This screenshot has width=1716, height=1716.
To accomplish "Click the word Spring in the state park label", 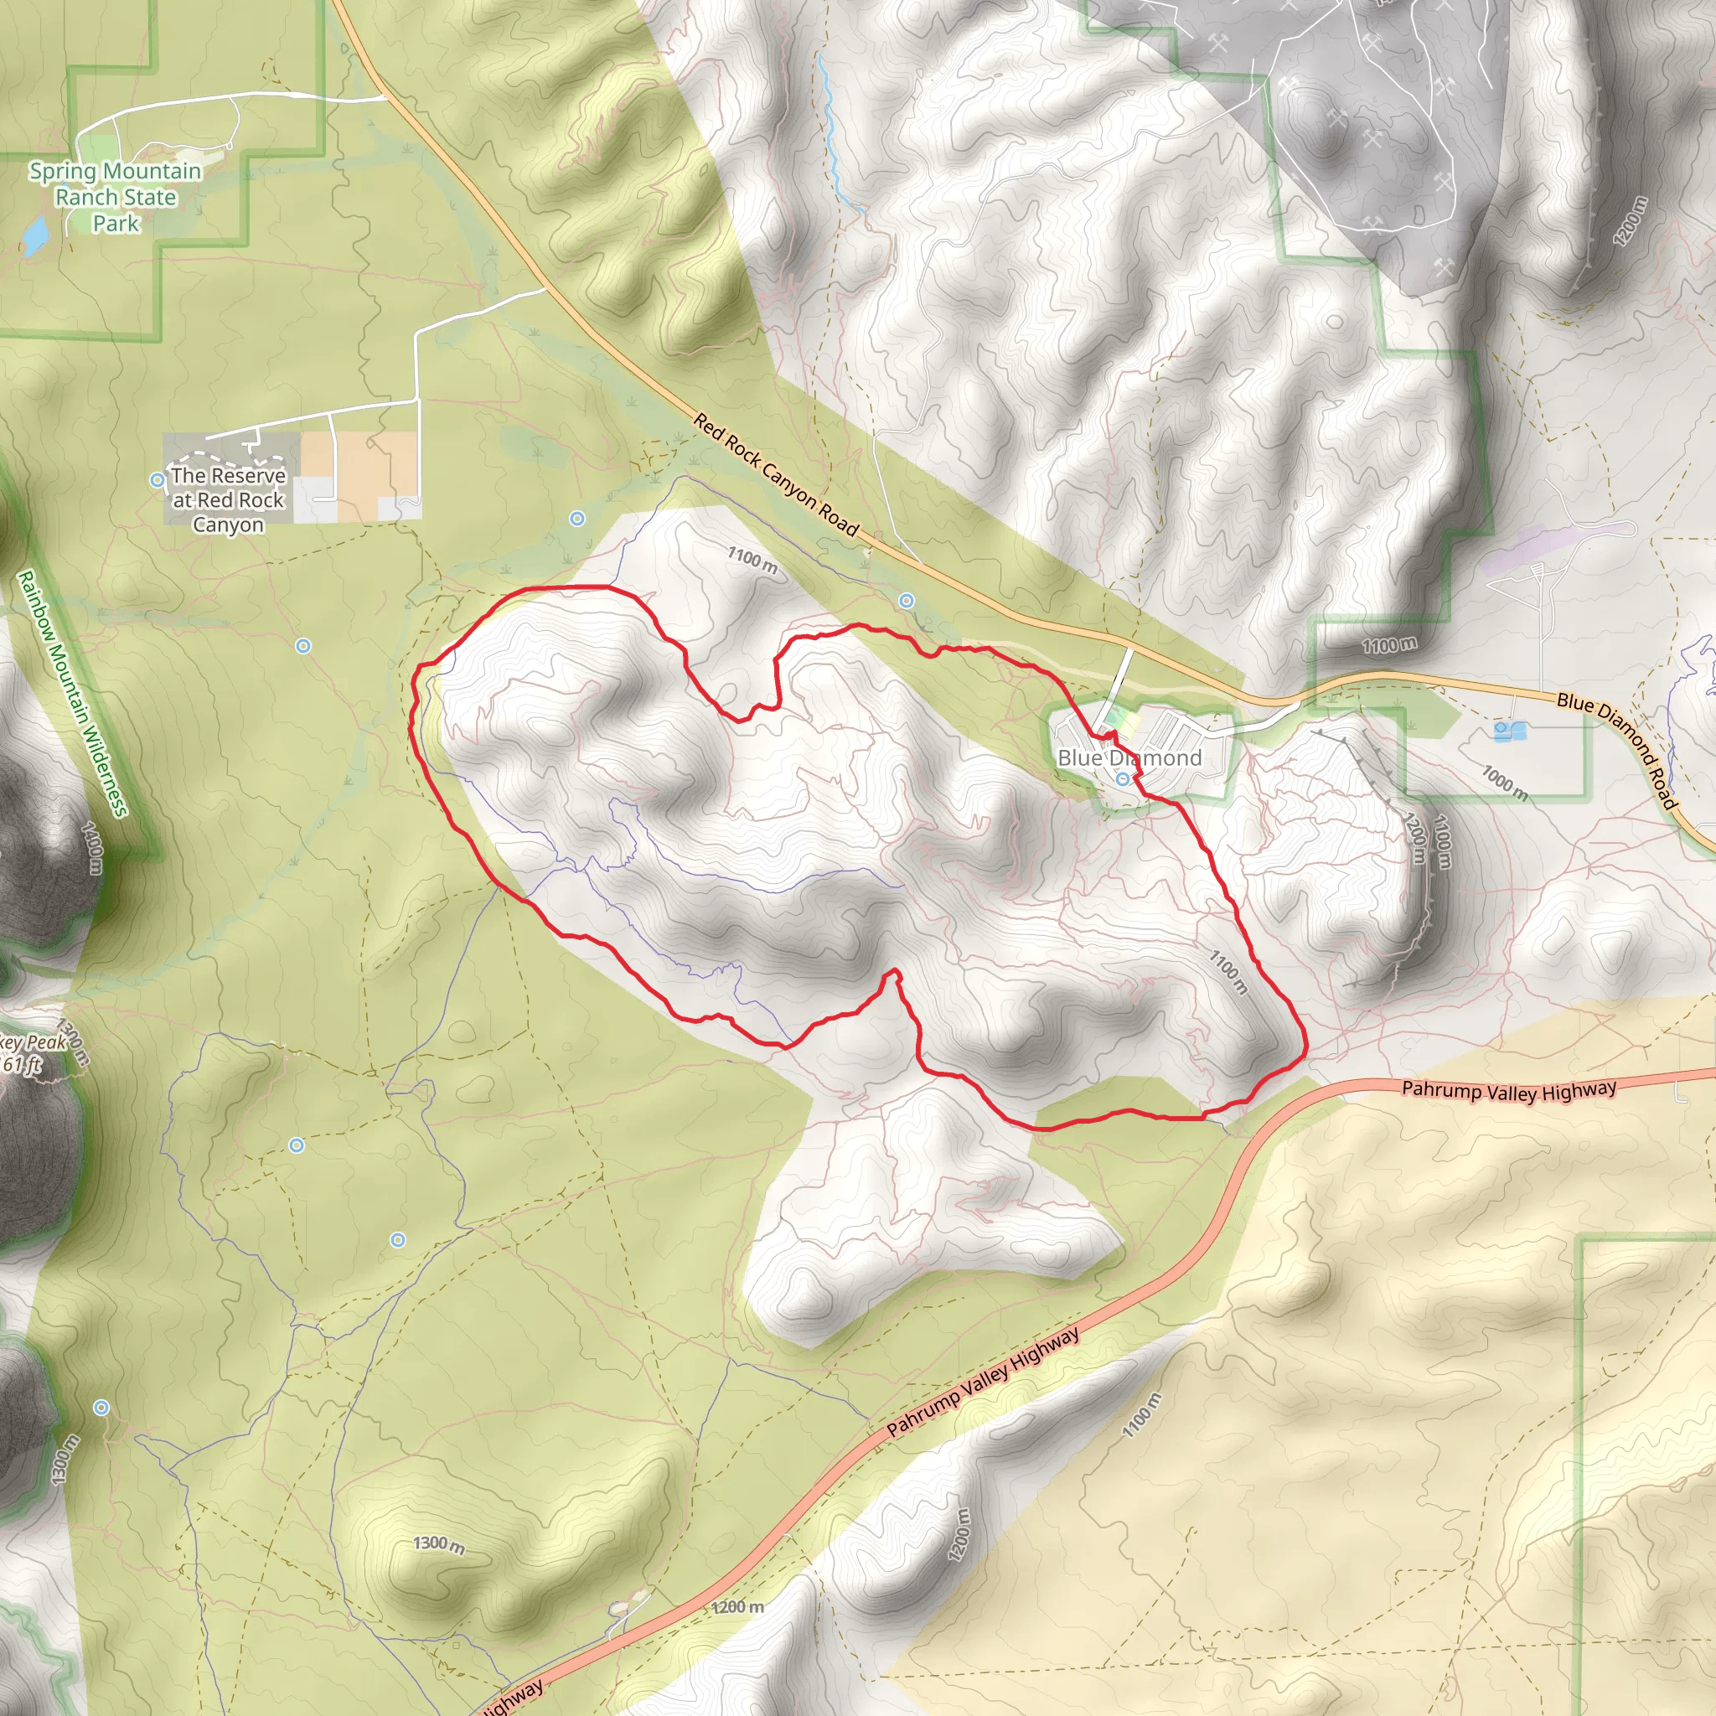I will [61, 172].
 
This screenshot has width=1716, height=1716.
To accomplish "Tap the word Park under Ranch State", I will [116, 224].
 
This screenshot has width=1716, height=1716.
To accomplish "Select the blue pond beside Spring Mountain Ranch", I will [35, 236].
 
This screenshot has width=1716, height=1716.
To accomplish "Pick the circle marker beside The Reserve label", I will [158, 480].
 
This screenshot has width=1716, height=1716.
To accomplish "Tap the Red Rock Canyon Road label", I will [775, 476].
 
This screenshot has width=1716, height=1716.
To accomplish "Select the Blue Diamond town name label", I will [1129, 757].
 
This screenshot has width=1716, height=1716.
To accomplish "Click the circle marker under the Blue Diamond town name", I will [1124, 779].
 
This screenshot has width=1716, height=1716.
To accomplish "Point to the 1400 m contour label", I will [92, 847].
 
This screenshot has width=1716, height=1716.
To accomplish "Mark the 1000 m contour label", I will [1504, 782].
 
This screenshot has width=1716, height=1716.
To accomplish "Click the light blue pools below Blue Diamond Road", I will [1509, 731].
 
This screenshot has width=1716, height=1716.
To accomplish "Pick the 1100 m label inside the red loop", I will [1228, 970].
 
